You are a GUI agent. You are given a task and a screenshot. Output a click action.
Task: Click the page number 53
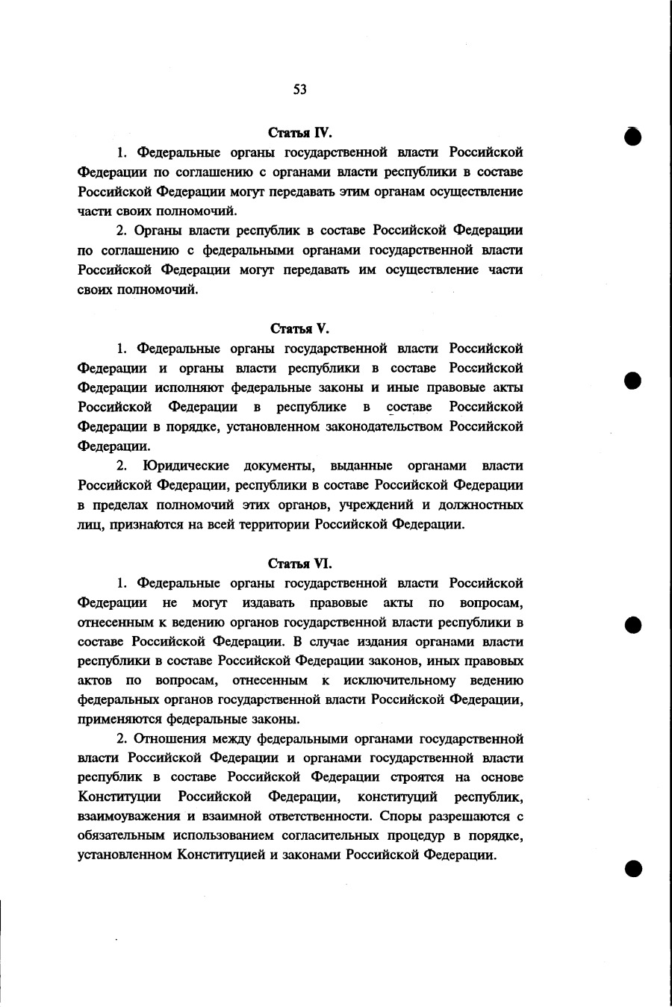click(299, 90)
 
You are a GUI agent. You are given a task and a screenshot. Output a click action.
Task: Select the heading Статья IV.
click(299, 133)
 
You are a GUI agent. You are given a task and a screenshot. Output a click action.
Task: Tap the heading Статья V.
click(299, 328)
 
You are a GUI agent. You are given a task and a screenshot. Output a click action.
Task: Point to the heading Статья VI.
click(299, 564)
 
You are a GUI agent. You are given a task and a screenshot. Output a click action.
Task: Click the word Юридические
click(186, 466)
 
